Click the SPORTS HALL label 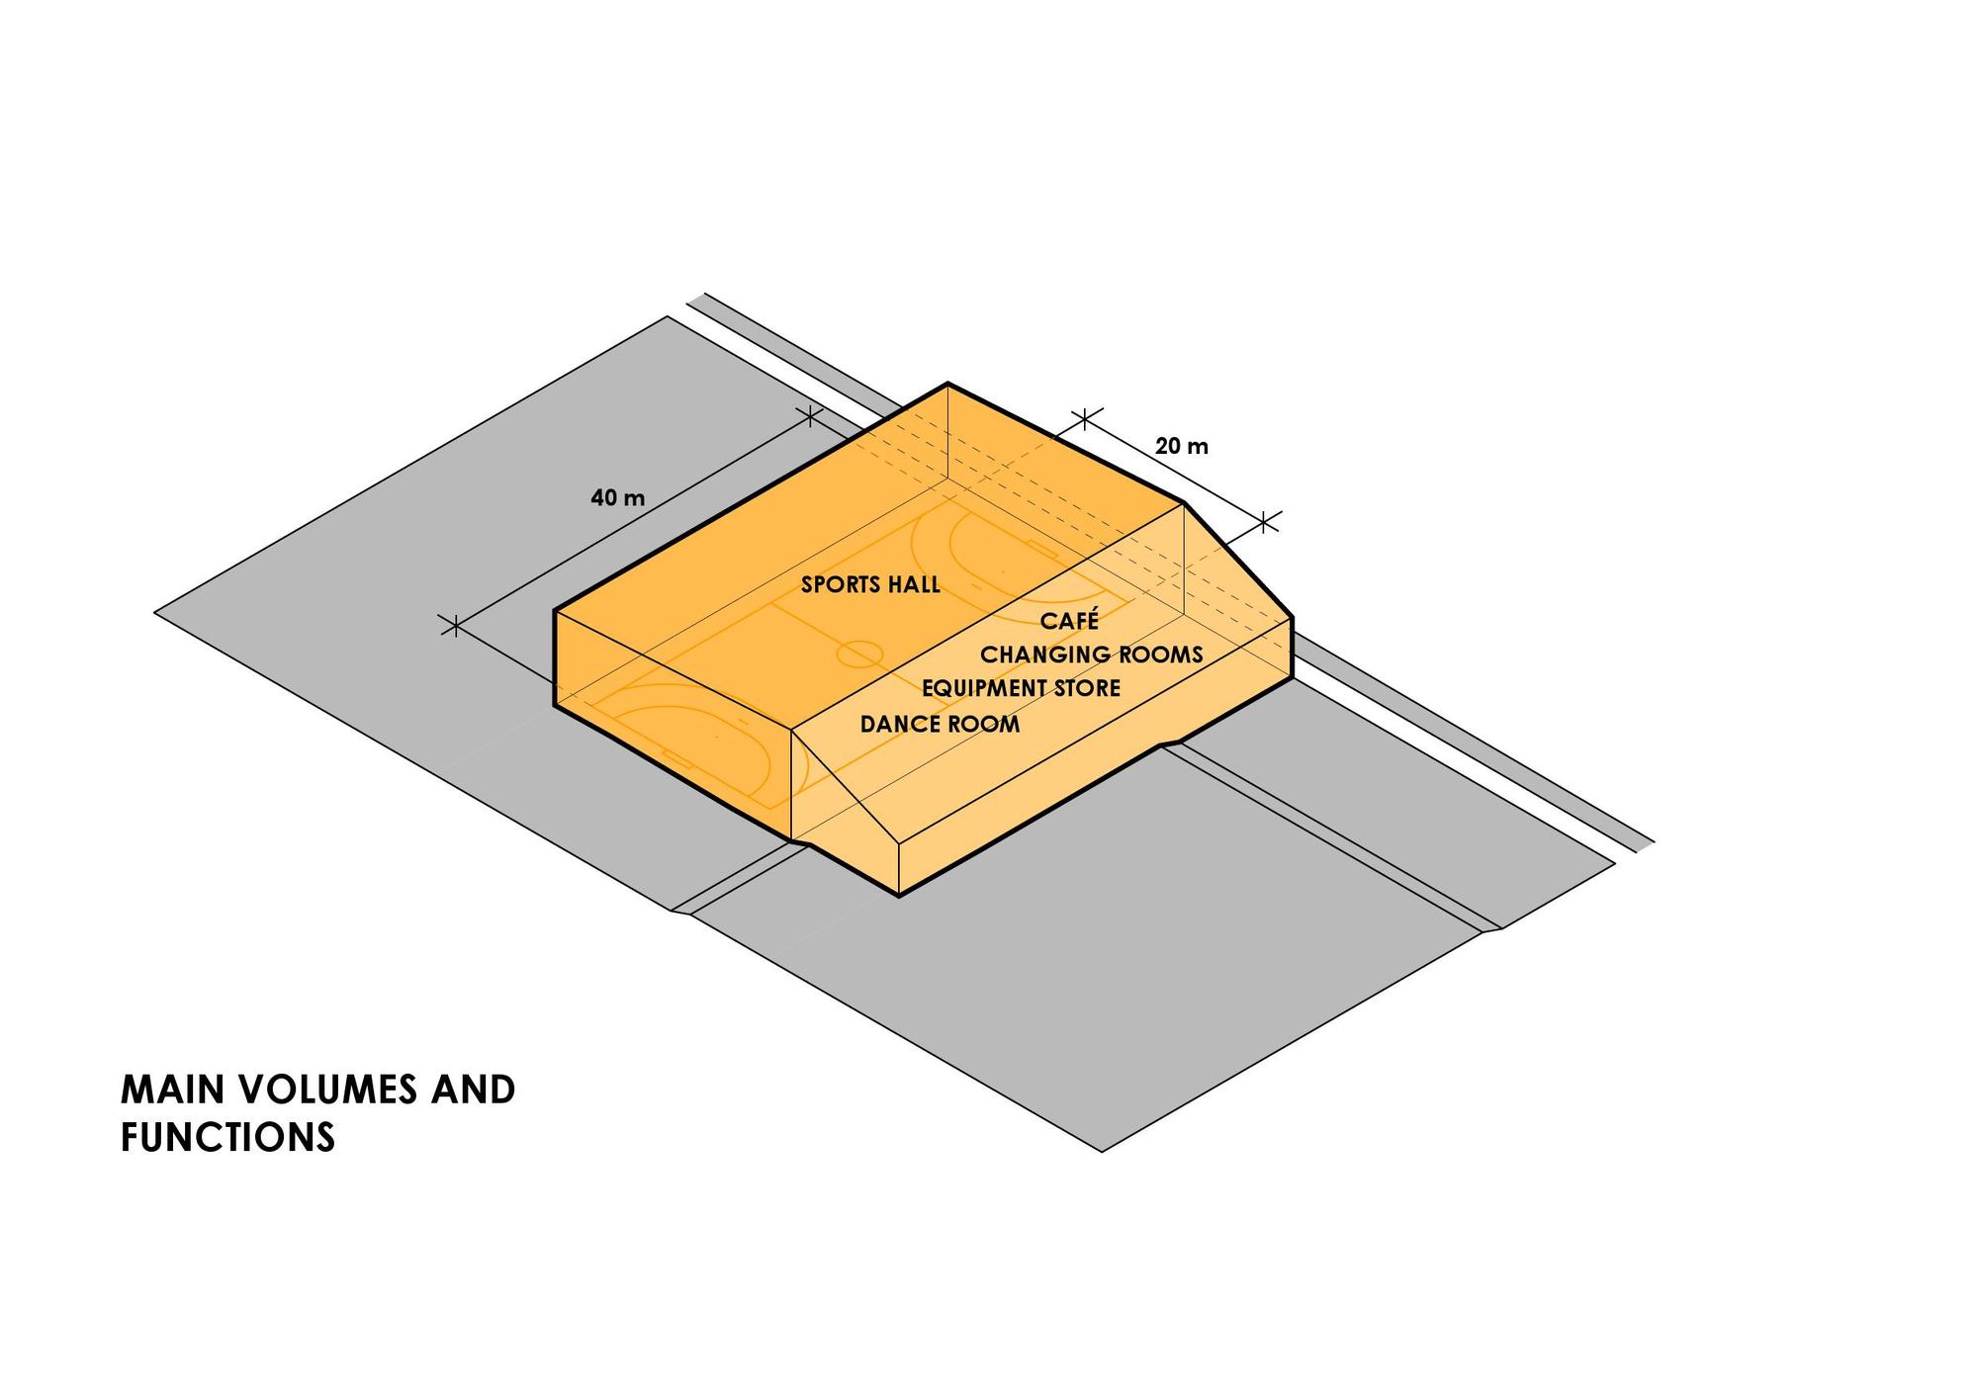pos(870,584)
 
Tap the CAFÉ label pos(1069,620)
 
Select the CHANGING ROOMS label pos(1092,655)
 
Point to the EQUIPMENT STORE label pos(1022,688)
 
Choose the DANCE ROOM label pos(940,724)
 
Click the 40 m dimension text pos(617,497)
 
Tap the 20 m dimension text pos(1182,446)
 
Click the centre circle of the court pos(859,653)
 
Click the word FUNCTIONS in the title pos(228,1137)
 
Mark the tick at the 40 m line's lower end pos(454,625)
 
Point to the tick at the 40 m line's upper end pos(810,416)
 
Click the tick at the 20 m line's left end pos(1085,418)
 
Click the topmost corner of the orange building pos(948,383)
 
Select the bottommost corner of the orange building pos(899,896)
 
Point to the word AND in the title pos(473,1090)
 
